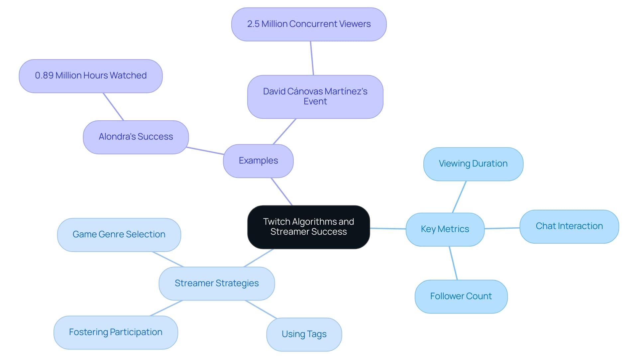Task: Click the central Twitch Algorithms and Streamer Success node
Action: (308, 227)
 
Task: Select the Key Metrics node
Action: (445, 229)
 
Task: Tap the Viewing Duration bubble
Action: (473, 164)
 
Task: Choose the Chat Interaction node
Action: (569, 226)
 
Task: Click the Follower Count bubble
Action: (461, 296)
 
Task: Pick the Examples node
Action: (258, 161)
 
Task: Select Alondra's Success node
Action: (136, 137)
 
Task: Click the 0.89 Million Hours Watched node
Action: (90, 76)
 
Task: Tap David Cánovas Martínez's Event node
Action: (315, 96)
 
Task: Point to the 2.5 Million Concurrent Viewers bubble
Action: (309, 24)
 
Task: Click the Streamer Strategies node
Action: (216, 283)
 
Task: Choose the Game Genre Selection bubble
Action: (119, 235)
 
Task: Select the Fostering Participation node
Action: (115, 332)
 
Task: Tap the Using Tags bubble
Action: (304, 334)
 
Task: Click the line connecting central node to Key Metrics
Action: (388, 228)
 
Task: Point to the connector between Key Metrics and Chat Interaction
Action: (502, 228)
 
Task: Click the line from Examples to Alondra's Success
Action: (205, 151)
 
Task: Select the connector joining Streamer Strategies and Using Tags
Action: (261, 309)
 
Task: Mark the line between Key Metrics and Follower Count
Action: (453, 263)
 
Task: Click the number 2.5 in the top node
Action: (253, 24)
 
